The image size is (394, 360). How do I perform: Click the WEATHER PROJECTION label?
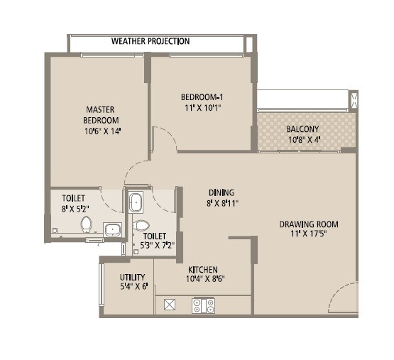tap(151, 41)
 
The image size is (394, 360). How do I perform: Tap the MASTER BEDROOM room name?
tap(102, 115)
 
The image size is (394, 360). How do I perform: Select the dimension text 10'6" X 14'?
tap(99, 131)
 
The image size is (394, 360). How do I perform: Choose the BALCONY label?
tap(302, 129)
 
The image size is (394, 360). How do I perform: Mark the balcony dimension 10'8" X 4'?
tap(302, 140)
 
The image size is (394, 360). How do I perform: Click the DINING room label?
tap(221, 192)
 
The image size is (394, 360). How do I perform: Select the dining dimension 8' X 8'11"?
tap(221, 203)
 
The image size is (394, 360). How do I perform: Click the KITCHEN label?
tap(202, 270)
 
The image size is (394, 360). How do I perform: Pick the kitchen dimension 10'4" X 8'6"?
tap(202, 280)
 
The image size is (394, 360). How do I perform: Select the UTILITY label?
tap(133, 277)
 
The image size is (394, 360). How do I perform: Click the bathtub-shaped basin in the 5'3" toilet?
tap(136, 202)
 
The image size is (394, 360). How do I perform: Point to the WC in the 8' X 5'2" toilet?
tap(87, 224)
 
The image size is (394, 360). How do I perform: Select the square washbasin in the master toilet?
tap(111, 229)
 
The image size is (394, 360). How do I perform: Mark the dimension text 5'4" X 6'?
tap(133, 288)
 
